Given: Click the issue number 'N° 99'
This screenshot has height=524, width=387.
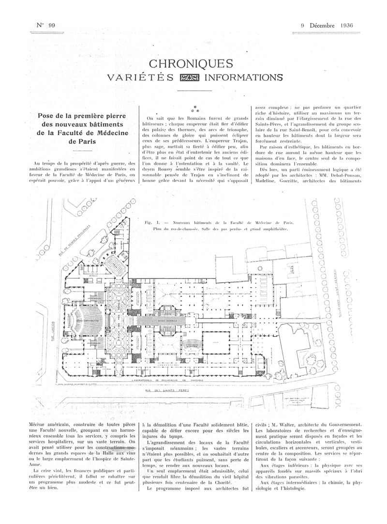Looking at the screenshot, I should (x=46, y=25).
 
